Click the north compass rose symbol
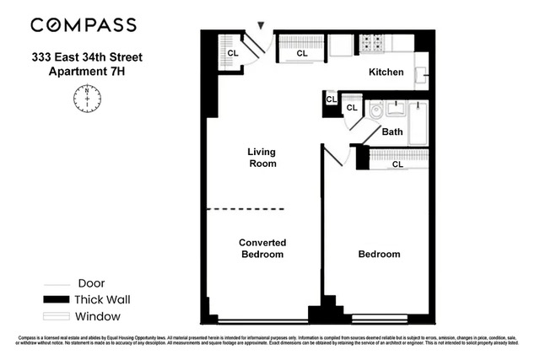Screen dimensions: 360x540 (87, 100)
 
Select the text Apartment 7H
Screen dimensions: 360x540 (88, 73)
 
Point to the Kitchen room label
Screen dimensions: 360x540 (386, 73)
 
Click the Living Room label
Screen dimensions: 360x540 (262, 158)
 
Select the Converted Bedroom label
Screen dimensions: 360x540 (262, 248)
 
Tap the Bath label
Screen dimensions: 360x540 (392, 132)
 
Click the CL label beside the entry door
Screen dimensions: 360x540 (233, 53)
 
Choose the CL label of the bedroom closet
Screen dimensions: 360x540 (397, 164)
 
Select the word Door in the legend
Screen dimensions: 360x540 (91, 283)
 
